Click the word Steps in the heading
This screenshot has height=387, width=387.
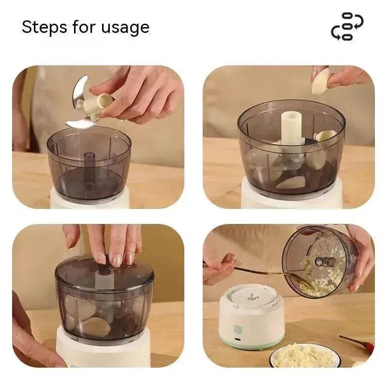click(x=45, y=27)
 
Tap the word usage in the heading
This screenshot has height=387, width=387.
click(x=125, y=28)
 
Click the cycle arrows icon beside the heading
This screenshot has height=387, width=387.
click(x=347, y=27)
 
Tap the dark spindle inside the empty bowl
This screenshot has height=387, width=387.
click(x=89, y=164)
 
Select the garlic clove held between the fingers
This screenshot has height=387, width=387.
click(x=321, y=81)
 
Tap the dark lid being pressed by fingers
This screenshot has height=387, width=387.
click(x=104, y=276)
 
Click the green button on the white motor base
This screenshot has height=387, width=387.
click(x=238, y=329)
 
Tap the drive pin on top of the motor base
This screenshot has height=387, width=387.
click(x=251, y=294)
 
